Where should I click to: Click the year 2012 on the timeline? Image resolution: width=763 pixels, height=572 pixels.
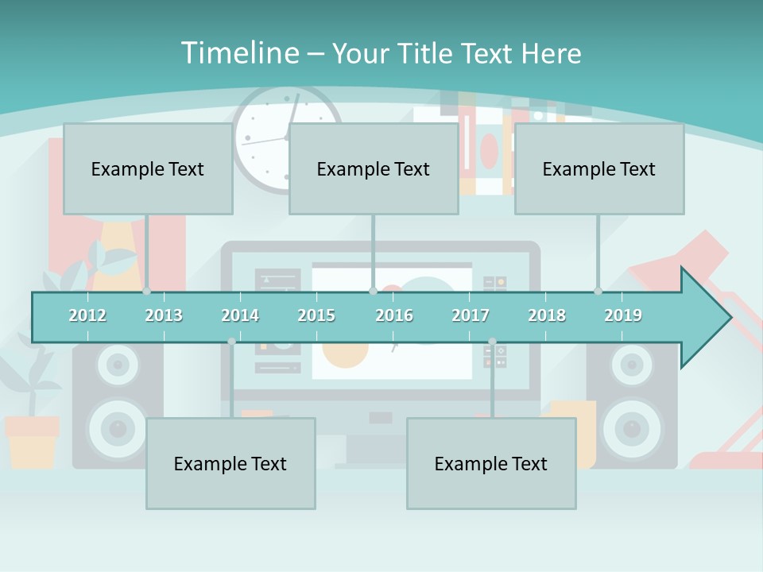(x=87, y=315)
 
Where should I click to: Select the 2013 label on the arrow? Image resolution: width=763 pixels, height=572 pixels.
(x=164, y=315)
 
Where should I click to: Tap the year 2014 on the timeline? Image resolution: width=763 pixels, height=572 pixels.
(x=240, y=315)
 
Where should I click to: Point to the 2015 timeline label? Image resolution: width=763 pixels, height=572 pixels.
(x=316, y=315)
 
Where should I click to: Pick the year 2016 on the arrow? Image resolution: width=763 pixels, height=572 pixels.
(x=394, y=315)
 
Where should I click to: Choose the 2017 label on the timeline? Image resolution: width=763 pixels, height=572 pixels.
(x=471, y=315)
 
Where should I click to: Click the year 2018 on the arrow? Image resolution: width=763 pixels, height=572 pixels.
(x=547, y=315)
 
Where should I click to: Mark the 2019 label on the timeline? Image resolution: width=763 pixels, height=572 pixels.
(x=623, y=315)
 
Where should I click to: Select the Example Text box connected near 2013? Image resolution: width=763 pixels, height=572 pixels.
(x=148, y=168)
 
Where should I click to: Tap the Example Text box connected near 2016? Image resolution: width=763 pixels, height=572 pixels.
(x=374, y=168)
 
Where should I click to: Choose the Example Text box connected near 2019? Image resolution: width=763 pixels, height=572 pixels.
(x=599, y=168)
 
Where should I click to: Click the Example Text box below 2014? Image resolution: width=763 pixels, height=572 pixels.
(x=230, y=463)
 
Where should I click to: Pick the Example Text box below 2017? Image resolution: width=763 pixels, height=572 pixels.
(x=491, y=463)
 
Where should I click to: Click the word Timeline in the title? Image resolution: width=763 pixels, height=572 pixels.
(x=238, y=53)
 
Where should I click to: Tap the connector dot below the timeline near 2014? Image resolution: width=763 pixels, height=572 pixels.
(x=231, y=342)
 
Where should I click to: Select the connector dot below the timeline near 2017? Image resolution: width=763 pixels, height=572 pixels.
(x=492, y=342)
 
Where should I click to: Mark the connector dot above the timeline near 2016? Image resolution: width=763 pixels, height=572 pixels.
(x=373, y=291)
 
